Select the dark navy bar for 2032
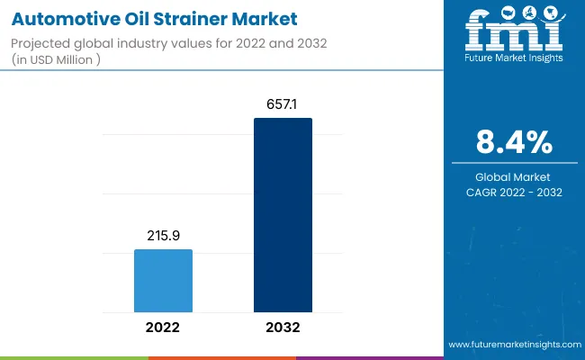[x=283, y=216]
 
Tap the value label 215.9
[x=163, y=236]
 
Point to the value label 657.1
[x=283, y=104]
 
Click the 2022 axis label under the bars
[x=163, y=328]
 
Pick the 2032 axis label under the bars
[x=283, y=328]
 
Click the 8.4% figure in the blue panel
[x=514, y=142]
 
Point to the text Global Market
[x=514, y=176]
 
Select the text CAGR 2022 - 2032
[x=514, y=192]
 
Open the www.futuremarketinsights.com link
[x=513, y=345]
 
